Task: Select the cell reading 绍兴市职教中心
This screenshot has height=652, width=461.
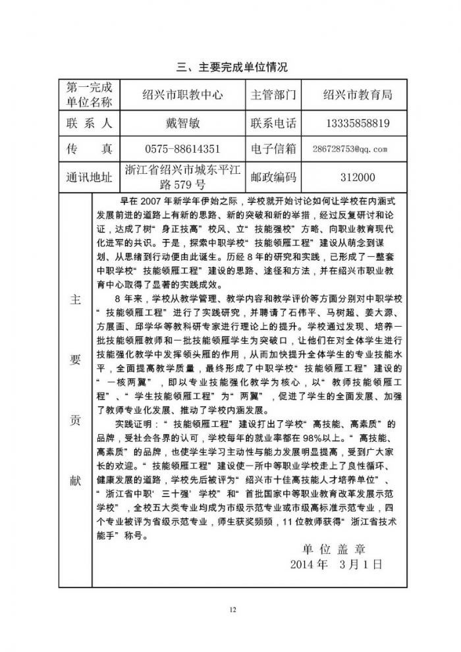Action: coord(182,95)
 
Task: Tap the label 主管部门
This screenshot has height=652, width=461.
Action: coord(273,95)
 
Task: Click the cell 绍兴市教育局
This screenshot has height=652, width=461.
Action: coord(358,95)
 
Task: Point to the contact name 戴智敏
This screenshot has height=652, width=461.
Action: coord(182,123)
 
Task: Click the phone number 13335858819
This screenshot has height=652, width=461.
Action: coord(358,123)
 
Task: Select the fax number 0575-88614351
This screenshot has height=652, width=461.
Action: coord(182,149)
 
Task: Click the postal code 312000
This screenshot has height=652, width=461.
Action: coord(358,177)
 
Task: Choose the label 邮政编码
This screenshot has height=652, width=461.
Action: coord(273,177)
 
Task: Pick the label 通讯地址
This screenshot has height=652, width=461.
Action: coord(90,177)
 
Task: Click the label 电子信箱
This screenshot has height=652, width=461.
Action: coord(273,149)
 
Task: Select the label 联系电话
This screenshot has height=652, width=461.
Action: coord(273,123)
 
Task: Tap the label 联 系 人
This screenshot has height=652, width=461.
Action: coord(90,123)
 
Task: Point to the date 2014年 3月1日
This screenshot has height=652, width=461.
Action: coord(336,564)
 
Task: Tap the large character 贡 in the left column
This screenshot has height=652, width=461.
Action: coord(75,420)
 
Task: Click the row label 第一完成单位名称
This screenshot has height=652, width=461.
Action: coord(90,95)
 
